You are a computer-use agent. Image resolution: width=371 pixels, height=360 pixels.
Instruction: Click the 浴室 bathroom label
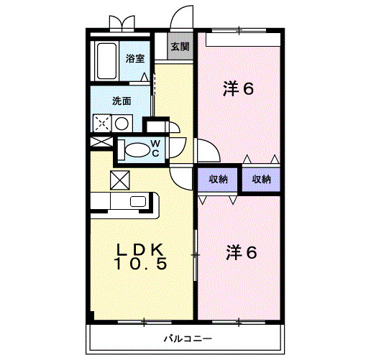134,58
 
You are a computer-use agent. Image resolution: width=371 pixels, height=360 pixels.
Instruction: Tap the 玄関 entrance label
180,47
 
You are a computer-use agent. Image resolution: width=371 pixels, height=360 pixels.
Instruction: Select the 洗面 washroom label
121,101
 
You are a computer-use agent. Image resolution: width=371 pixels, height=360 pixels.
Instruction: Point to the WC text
155,148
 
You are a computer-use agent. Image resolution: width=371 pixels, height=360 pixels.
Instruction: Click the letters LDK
142,249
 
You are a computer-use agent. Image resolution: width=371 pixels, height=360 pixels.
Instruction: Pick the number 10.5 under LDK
142,264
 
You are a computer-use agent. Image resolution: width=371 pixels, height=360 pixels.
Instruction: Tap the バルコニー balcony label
187,337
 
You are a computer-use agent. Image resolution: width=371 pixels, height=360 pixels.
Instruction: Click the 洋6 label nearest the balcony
242,252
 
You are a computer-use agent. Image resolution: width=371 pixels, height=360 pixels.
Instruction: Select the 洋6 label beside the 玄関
239,89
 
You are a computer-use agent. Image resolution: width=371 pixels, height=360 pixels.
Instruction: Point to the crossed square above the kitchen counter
118,179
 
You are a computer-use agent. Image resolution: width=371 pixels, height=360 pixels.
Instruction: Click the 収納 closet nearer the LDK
219,180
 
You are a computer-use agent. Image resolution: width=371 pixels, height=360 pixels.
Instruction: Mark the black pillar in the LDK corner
91,316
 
